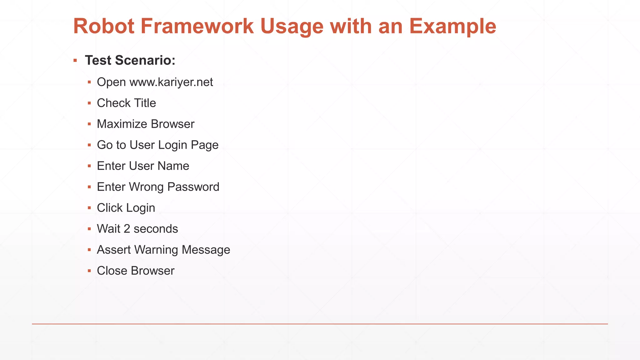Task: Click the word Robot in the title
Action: (104, 26)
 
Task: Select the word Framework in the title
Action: (197, 26)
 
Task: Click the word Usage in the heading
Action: (292, 26)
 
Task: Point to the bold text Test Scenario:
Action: (130, 60)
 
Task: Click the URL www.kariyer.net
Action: (171, 82)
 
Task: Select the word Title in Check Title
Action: (145, 103)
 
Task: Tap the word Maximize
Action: (122, 124)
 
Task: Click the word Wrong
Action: (146, 187)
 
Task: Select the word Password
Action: (193, 187)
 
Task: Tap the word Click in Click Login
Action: (110, 208)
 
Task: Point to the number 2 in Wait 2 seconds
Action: (127, 229)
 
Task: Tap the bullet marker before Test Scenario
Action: (75, 60)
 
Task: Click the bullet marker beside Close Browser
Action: (89, 271)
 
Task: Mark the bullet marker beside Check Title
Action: (89, 103)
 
